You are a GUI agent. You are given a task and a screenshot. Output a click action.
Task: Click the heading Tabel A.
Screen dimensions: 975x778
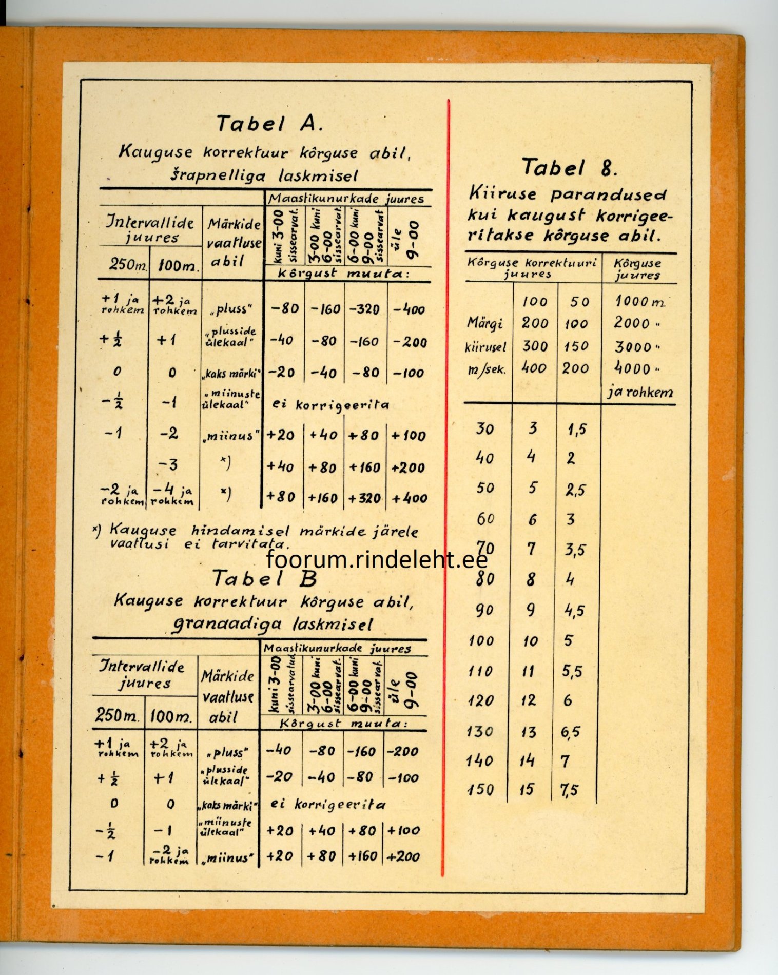click(269, 124)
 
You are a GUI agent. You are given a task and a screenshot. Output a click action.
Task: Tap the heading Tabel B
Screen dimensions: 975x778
click(264, 579)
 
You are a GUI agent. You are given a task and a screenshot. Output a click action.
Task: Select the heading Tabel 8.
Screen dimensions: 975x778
click(569, 167)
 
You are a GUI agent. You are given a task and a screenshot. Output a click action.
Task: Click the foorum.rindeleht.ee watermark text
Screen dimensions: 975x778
click(377, 559)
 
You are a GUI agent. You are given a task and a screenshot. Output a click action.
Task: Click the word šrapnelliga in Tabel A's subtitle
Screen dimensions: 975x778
click(218, 175)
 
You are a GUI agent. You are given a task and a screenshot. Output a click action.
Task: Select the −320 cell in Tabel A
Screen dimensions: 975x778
click(364, 309)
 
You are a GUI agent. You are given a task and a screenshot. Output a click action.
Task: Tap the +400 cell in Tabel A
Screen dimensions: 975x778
click(409, 498)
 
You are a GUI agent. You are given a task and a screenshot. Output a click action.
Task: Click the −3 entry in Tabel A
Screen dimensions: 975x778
click(168, 465)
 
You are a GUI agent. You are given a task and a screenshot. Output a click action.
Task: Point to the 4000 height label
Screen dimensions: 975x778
click(633, 368)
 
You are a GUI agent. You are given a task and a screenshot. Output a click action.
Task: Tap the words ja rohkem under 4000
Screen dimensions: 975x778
click(640, 393)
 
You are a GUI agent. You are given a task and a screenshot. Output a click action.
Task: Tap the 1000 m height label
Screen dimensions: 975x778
click(639, 301)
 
